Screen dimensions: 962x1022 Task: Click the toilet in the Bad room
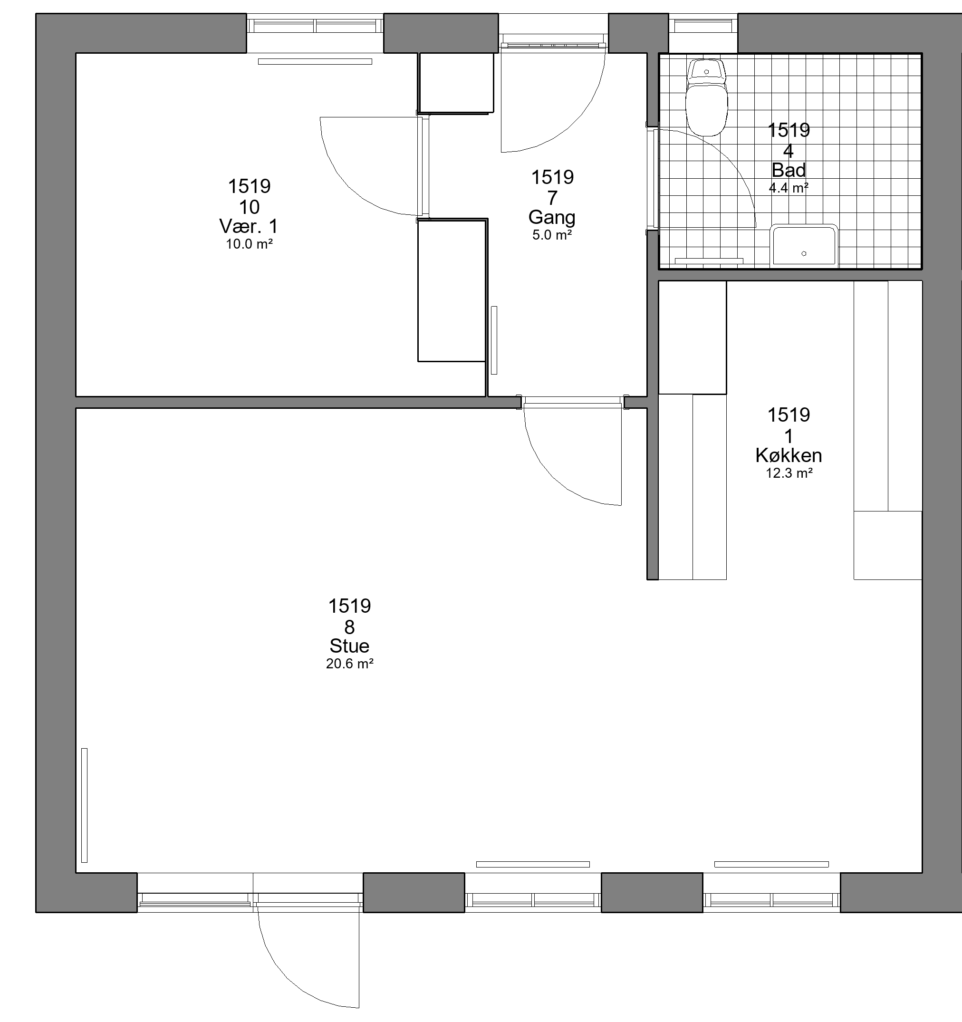tap(706, 97)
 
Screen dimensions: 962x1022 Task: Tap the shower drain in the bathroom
tap(804, 253)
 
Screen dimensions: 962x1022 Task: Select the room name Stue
tap(350, 646)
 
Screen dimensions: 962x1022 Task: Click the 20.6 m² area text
tap(350, 664)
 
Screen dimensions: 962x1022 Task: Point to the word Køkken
tap(789, 455)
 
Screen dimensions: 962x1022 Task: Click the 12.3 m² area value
tap(789, 473)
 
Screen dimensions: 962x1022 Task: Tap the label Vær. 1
tap(249, 226)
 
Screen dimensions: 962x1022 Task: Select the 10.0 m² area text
tap(249, 244)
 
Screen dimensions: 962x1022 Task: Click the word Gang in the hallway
tap(552, 217)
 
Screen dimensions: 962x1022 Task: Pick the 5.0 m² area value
tap(552, 235)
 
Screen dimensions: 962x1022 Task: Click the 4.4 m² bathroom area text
tap(789, 188)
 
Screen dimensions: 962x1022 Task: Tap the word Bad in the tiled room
tap(789, 170)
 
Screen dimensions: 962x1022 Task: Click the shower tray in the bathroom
tap(804, 246)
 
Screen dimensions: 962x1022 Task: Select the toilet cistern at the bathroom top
tap(706, 71)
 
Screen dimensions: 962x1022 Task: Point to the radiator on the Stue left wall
tap(84, 805)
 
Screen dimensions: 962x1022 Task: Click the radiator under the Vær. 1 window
tap(315, 62)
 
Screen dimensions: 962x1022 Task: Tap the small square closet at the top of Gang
tap(455, 83)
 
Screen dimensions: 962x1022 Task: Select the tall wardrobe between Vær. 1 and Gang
tap(452, 290)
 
